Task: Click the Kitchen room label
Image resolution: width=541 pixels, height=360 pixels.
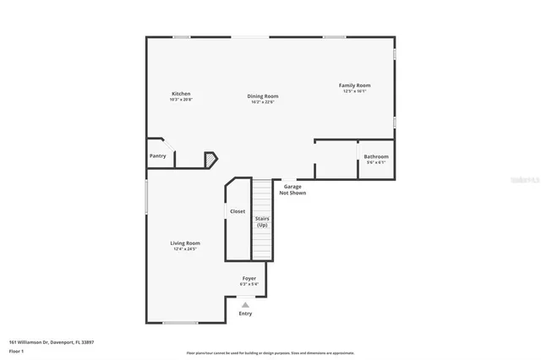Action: click(x=181, y=94)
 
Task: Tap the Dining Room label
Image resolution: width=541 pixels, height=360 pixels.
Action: click(x=263, y=95)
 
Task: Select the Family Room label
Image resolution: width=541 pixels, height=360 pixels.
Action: click(x=355, y=85)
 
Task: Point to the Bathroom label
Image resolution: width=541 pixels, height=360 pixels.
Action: click(x=376, y=156)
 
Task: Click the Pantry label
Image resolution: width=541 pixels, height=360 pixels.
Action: click(x=158, y=155)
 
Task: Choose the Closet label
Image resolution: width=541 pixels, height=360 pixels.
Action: click(x=238, y=211)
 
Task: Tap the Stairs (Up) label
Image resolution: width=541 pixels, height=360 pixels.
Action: click(x=262, y=221)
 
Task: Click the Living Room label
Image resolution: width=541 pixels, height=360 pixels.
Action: click(x=186, y=243)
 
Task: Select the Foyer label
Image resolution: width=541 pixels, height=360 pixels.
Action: click(x=249, y=278)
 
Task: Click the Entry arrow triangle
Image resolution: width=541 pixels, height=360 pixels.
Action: click(x=245, y=304)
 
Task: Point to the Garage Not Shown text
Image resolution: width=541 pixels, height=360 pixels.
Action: click(x=292, y=189)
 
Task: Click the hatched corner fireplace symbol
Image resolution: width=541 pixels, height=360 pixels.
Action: click(x=210, y=159)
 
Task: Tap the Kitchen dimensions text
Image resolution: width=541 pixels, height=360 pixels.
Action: click(x=181, y=100)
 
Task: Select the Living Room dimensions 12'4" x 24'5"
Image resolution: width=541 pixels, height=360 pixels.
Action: click(x=186, y=248)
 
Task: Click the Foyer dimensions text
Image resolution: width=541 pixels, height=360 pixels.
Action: click(x=249, y=284)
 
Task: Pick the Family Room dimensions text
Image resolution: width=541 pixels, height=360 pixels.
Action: click(x=355, y=91)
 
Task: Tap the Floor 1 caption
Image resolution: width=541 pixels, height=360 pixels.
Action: click(x=16, y=350)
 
